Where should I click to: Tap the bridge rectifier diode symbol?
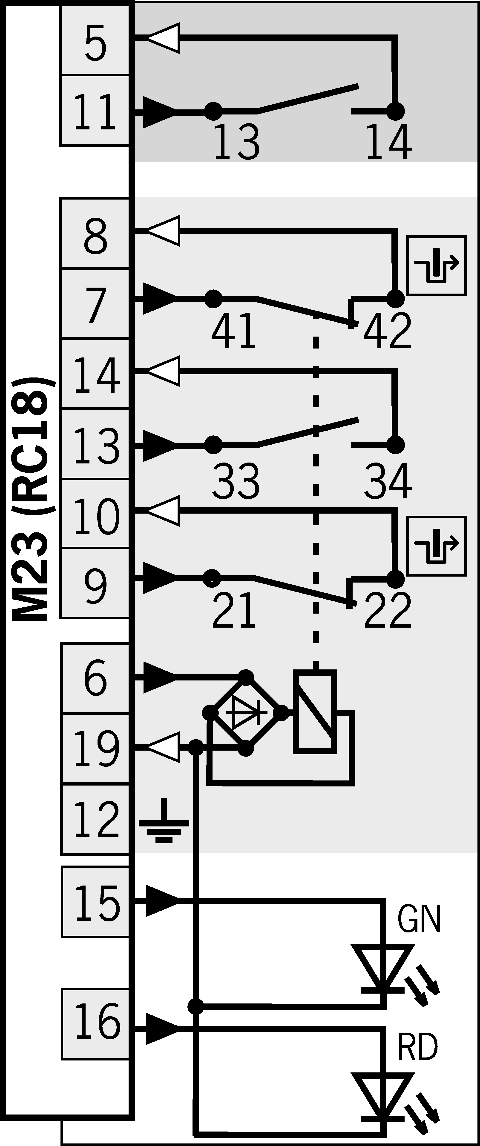point(246,713)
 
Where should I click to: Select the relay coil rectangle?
point(315,712)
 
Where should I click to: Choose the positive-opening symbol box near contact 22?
point(436,546)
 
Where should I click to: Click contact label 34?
point(387,481)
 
